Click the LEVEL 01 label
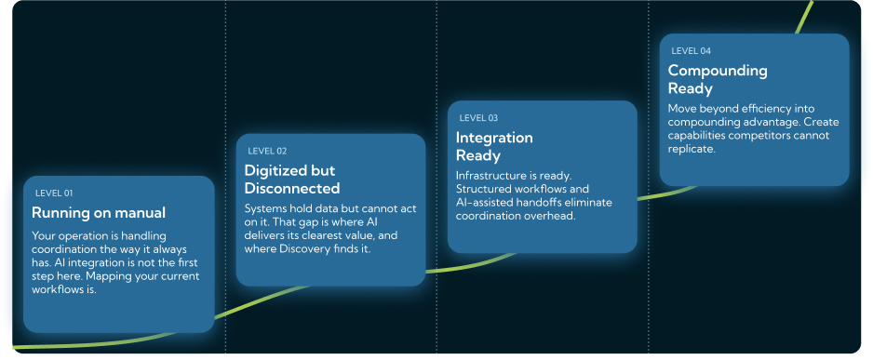point(54,193)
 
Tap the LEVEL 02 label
point(267,152)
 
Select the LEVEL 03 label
point(478,118)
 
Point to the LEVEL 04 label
point(691,51)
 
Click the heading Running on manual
point(99,212)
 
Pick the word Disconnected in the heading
point(292,188)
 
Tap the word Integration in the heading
point(494,138)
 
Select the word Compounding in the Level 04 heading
point(718,72)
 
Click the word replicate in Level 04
point(691,149)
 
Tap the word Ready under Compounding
point(691,88)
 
